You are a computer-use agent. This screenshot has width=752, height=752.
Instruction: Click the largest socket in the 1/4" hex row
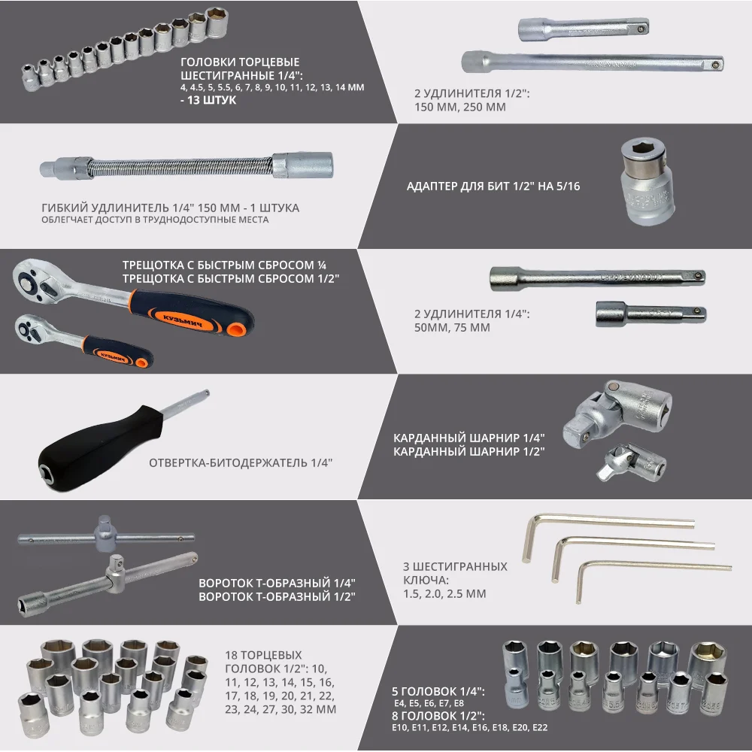pos(217,22)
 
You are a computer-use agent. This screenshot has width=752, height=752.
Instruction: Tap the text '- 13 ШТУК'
pos(208,100)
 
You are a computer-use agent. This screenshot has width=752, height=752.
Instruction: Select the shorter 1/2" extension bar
pos(584,29)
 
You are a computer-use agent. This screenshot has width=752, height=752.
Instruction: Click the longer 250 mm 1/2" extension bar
pos(593,62)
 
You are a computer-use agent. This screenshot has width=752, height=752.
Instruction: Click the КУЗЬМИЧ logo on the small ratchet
pos(112,357)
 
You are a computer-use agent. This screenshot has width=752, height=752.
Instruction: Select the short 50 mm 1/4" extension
pos(650,314)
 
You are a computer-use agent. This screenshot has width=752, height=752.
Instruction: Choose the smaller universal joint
pos(632,462)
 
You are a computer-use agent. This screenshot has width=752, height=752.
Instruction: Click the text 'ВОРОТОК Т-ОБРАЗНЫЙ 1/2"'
pos(277,596)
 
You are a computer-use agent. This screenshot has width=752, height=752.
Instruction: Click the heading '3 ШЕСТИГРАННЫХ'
pos(455,566)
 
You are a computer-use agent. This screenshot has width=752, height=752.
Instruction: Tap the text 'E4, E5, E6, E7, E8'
pos(429,704)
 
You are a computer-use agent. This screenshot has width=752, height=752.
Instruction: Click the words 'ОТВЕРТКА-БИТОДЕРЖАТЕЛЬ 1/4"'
pos(241,462)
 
